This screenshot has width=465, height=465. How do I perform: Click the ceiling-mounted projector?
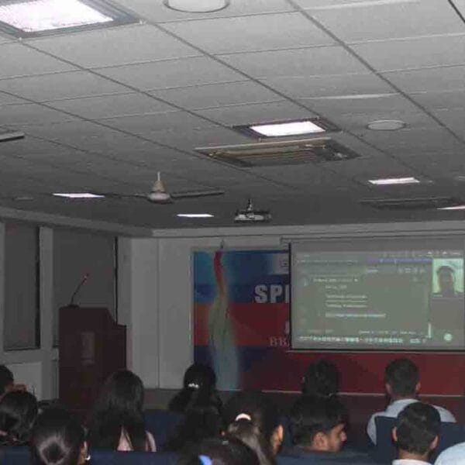pyautogui.click(x=252, y=214)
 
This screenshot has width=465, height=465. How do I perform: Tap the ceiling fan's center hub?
pyautogui.click(x=160, y=194)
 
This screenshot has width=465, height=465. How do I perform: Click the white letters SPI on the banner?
pyautogui.click(x=271, y=294)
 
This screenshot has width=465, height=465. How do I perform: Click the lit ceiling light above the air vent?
pyautogui.click(x=287, y=129)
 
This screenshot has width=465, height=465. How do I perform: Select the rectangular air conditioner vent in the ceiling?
pyautogui.click(x=275, y=151)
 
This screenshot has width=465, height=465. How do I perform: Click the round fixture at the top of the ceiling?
pyautogui.click(x=197, y=5)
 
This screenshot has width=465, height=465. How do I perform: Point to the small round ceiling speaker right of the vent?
pyautogui.click(x=386, y=125)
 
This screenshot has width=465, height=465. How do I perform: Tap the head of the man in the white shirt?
pyautogui.click(x=402, y=379)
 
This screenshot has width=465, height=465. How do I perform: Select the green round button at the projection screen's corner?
pyautogui.click(x=447, y=337)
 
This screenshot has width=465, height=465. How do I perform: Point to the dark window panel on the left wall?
pyautogui.click(x=21, y=287)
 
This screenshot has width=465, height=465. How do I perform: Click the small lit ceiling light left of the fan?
pyautogui.click(x=77, y=195)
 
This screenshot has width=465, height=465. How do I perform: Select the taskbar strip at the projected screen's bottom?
pyautogui.click(x=364, y=340)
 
